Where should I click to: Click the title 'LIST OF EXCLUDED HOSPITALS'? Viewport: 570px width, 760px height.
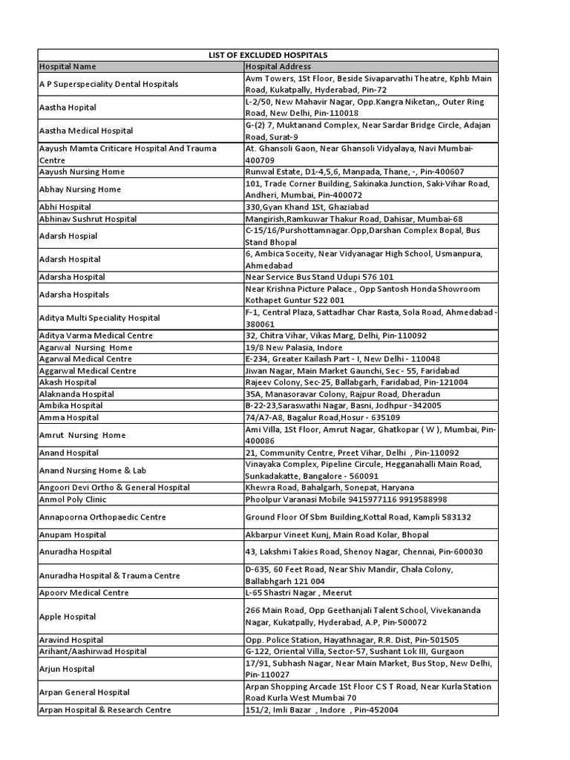coord(267,55)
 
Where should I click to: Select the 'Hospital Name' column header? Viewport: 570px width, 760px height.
coord(68,67)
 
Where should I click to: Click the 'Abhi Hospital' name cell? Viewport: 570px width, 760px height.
coord(65,207)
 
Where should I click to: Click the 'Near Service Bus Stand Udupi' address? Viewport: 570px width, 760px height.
coord(319,276)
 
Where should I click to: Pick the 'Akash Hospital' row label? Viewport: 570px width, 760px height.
coord(68,382)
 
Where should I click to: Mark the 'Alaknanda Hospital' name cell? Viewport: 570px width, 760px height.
coord(76,394)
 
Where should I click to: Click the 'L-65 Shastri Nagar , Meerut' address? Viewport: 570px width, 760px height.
coord(298,592)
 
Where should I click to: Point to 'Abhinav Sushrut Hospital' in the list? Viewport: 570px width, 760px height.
coord(88,219)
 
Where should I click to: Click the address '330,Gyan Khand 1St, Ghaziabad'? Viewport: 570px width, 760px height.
coord(307,207)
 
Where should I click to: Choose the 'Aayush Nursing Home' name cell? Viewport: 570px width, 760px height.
coord(82,171)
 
